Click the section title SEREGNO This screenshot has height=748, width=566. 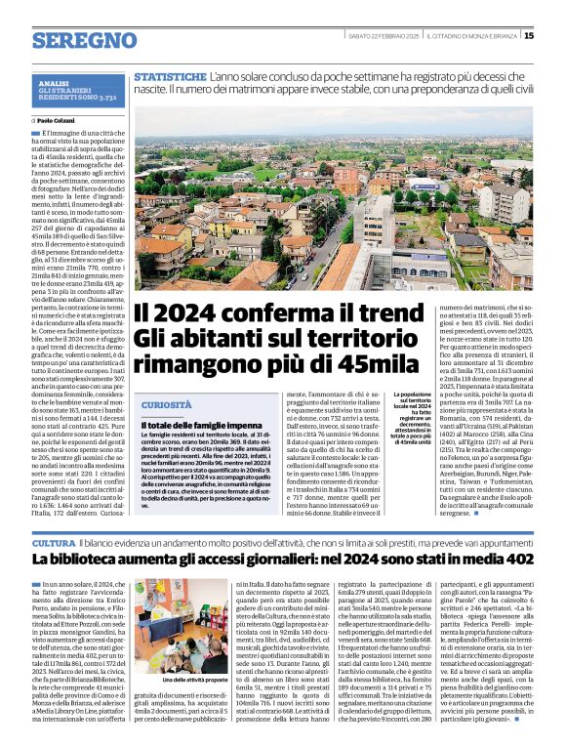coord(83,41)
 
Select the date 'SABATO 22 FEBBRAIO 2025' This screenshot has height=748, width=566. coord(384,35)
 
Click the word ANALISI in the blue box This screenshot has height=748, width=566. coord(55,84)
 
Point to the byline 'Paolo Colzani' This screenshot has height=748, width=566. coord(58,120)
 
